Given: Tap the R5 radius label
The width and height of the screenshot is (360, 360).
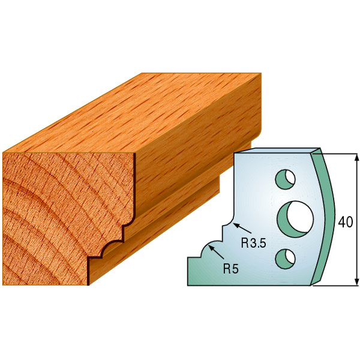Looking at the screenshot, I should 230,269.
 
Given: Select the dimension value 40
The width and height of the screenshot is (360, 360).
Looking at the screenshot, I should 345,222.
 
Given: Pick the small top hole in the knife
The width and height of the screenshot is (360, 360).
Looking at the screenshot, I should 285,178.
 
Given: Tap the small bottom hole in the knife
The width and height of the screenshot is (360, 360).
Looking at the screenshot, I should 285,258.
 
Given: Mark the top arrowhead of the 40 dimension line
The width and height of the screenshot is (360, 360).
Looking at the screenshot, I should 356,157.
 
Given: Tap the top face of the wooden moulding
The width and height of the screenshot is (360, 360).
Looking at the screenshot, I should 138,114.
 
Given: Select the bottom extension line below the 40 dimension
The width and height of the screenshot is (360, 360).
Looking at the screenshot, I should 336,286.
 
